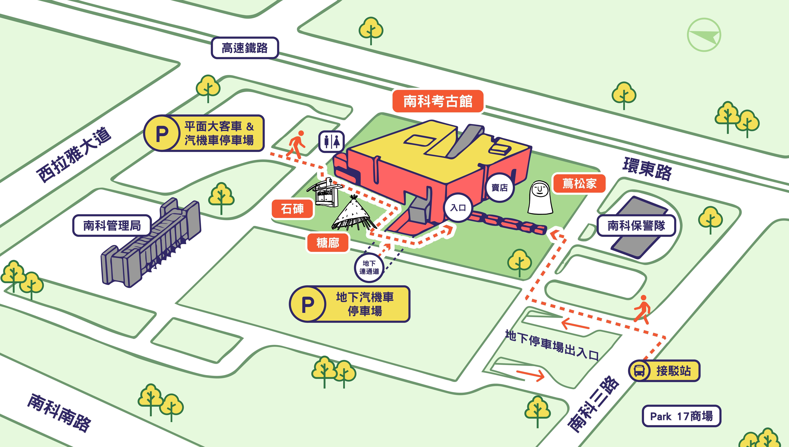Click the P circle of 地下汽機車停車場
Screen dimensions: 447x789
click(x=308, y=304)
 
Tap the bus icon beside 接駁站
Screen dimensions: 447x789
click(x=639, y=371)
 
